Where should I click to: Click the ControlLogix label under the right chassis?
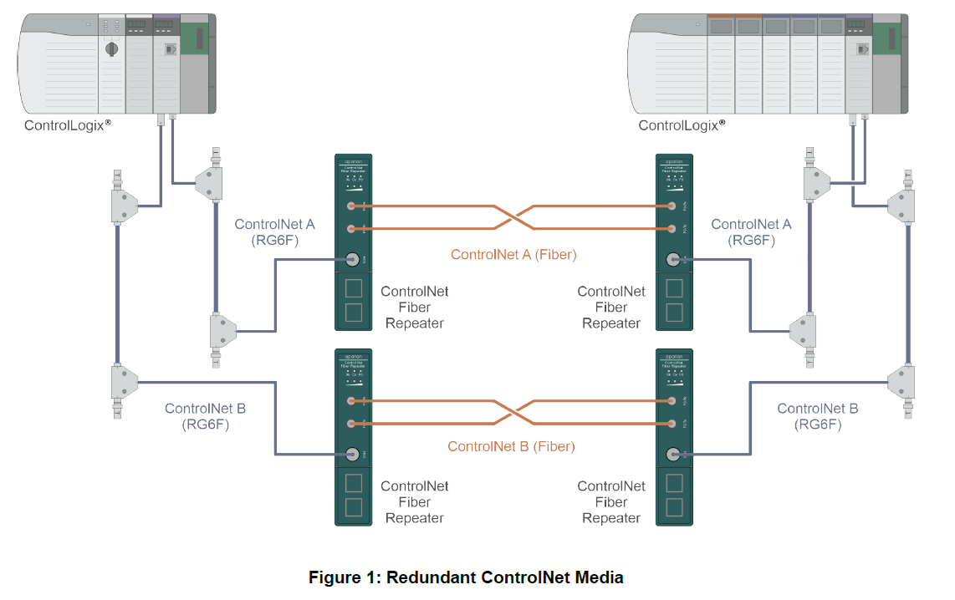coord(681,125)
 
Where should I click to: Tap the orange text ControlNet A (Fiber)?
coord(513,254)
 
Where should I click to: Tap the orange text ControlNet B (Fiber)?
coord(511,446)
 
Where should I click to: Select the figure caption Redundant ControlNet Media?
coord(466,577)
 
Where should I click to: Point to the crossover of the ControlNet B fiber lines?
coord(512,412)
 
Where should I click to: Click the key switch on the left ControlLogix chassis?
coord(110,49)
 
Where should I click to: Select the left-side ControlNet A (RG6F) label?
coord(275,232)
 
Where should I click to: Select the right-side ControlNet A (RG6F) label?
coord(750,232)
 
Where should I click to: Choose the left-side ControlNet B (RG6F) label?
coord(205,416)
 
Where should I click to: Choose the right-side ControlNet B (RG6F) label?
coord(817,416)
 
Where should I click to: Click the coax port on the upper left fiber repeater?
coord(353,260)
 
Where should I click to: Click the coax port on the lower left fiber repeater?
coord(353,455)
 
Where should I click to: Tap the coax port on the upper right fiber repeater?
coord(674,260)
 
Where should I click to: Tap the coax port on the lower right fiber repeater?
coord(674,455)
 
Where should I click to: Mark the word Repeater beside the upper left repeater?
coord(414,323)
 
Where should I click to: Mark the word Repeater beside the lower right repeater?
coord(610,518)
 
